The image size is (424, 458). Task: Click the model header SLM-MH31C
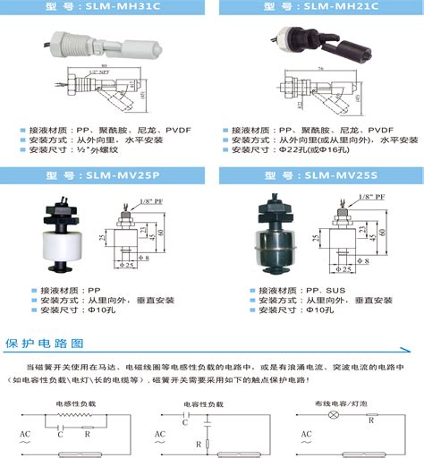[105, 7]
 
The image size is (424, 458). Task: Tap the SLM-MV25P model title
[105, 176]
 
